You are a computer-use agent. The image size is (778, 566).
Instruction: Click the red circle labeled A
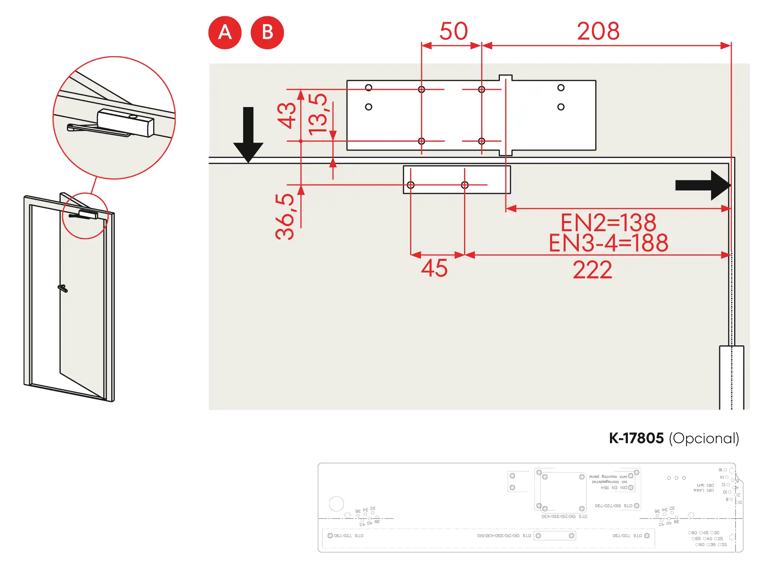click(225, 32)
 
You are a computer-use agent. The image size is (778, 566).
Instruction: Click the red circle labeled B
click(267, 32)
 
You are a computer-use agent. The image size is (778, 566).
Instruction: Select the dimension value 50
click(454, 31)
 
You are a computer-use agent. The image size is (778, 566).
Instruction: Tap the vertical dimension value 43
click(287, 115)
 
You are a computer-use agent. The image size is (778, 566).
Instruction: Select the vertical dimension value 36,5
click(285, 216)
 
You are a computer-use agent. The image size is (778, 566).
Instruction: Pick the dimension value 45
click(434, 268)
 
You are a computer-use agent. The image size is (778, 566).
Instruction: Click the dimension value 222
click(592, 270)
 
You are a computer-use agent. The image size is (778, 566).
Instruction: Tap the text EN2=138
click(608, 223)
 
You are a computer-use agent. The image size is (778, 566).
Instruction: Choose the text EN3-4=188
click(608, 243)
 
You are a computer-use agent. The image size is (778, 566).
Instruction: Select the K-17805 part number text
click(636, 438)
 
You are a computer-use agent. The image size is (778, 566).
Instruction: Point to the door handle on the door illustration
click(61, 288)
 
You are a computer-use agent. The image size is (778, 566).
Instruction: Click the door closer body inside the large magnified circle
click(125, 122)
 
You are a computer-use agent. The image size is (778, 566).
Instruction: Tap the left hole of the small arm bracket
click(411, 185)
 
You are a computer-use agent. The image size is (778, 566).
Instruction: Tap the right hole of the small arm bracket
click(465, 185)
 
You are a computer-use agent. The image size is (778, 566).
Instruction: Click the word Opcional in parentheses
click(704, 439)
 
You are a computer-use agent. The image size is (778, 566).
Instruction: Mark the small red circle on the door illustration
click(85, 215)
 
